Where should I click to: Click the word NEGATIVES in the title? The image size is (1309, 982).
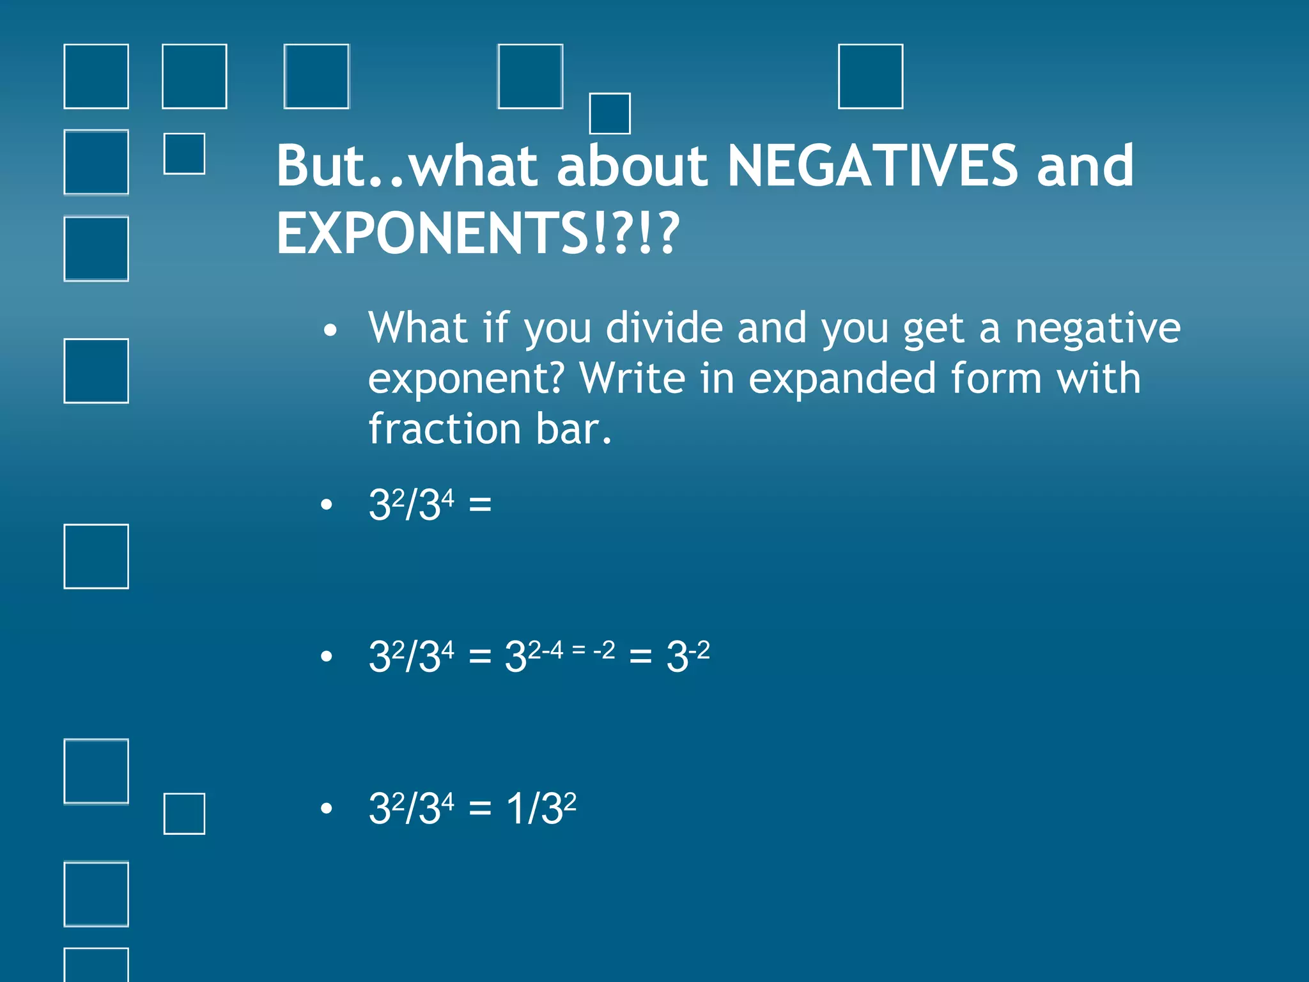point(872,166)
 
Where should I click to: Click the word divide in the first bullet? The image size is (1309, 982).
point(664,328)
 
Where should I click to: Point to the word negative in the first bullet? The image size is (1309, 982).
point(1097,328)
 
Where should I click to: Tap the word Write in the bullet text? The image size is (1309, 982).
point(631,378)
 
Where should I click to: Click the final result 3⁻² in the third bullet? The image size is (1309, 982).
point(688,656)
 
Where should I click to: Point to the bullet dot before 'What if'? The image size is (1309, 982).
point(330,331)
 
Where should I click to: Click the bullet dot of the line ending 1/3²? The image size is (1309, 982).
point(327,809)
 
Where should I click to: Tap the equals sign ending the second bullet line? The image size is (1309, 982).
point(480,505)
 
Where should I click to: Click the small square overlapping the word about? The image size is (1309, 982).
point(610,114)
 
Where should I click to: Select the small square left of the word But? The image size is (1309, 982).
point(185,153)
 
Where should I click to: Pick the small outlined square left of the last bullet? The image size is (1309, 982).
point(185,814)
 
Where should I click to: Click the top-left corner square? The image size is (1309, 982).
point(97,77)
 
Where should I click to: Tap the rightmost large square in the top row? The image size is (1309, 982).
point(871,77)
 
